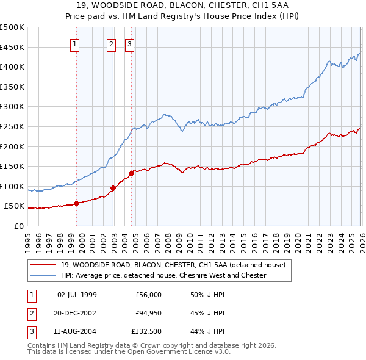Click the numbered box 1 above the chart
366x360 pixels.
(x=74, y=43)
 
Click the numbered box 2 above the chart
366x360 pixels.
(x=112, y=43)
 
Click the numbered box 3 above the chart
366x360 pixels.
(x=130, y=43)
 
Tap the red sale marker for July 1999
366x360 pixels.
(x=76, y=203)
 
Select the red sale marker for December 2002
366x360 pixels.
(x=113, y=188)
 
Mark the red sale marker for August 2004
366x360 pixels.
(x=131, y=173)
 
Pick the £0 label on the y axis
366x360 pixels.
(x=19, y=226)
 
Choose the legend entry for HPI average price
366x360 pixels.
(x=163, y=275)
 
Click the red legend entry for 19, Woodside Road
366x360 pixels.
(x=177, y=265)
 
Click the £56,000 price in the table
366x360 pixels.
(x=148, y=295)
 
